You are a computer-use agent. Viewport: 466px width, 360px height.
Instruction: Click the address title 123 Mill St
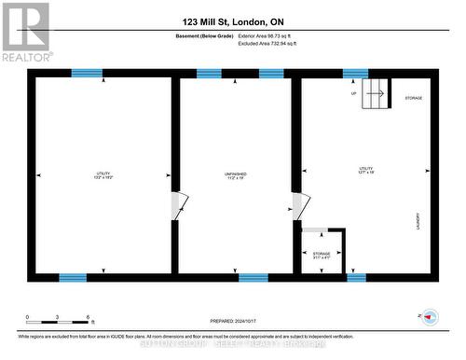[x=233, y=20]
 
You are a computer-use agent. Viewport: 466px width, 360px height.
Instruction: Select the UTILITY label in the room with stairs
[x=365, y=169]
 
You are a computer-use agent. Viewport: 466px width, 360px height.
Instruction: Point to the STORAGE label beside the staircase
[x=414, y=97]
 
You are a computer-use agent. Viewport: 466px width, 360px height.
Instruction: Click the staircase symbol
[x=376, y=92]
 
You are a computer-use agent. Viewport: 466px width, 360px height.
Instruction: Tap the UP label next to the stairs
[x=354, y=93]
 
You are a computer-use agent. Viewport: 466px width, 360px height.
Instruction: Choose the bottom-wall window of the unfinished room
[x=253, y=277]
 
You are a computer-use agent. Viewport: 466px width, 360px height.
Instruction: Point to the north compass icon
[x=430, y=316]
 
